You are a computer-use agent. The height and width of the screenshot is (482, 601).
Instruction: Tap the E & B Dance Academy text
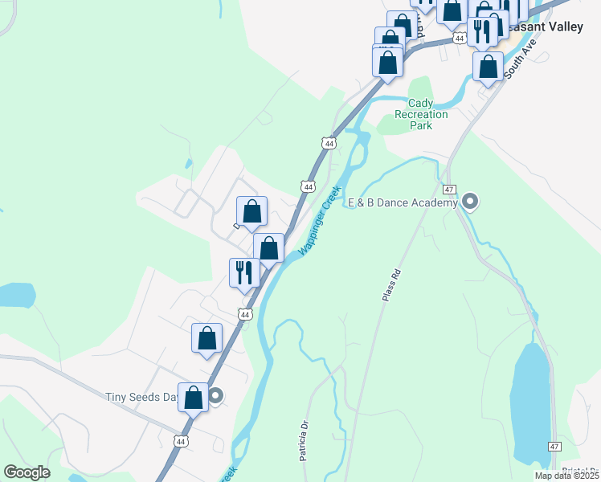401,203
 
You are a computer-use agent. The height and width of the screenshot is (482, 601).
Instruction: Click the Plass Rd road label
391,284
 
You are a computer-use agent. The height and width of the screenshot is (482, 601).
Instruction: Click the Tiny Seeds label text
141,397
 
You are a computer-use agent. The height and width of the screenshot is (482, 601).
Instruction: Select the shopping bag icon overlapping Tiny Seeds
193,397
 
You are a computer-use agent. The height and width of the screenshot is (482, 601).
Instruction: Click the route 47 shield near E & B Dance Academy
449,190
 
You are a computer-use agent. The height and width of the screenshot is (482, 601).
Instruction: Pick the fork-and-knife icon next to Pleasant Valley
481,31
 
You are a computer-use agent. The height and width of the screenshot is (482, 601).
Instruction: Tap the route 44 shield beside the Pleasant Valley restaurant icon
459,38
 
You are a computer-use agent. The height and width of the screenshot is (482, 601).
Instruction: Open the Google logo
27,472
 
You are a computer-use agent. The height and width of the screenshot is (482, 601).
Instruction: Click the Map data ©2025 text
566,476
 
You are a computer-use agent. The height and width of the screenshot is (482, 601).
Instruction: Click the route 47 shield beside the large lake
554,446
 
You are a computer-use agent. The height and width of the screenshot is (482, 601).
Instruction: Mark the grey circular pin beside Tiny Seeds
215,395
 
